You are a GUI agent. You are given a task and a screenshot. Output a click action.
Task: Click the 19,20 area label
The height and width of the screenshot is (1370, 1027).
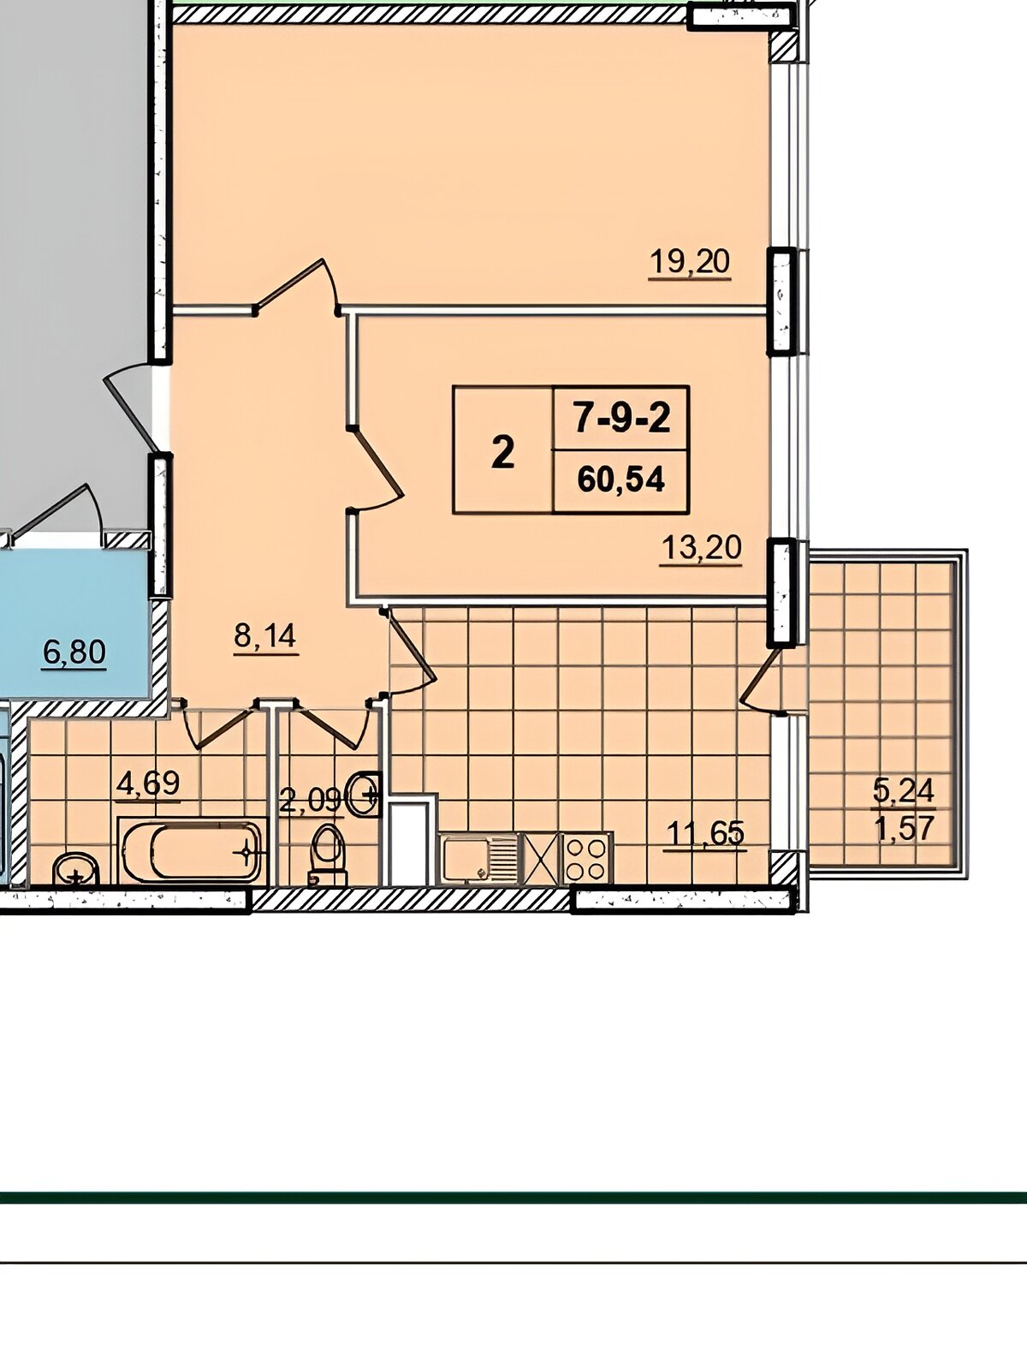(690, 261)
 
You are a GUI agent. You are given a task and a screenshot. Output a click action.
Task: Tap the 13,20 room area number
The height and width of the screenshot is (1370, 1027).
(702, 549)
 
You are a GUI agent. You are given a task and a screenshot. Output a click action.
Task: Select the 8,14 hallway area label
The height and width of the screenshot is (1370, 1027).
(265, 637)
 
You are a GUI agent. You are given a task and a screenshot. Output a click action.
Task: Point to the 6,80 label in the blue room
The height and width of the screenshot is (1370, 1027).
(74, 652)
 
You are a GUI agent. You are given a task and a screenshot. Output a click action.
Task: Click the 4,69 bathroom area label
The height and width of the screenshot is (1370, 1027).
(148, 783)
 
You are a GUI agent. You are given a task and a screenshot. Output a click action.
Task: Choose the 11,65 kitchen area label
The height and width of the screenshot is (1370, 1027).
(705, 832)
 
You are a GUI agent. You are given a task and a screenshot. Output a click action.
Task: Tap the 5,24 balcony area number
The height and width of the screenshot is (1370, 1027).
(904, 791)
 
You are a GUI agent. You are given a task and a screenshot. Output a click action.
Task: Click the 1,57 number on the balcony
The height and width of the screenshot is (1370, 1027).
(904, 828)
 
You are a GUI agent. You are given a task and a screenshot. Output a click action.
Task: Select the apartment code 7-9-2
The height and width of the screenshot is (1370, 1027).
(621, 418)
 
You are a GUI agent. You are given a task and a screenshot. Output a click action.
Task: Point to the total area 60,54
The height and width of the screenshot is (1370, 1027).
(621, 480)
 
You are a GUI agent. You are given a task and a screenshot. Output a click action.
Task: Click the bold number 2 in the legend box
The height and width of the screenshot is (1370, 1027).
(502, 452)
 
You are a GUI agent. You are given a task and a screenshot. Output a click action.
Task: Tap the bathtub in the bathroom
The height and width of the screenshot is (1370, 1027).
(193, 851)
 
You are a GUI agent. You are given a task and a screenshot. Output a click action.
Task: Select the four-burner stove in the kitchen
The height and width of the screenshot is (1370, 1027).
(587, 859)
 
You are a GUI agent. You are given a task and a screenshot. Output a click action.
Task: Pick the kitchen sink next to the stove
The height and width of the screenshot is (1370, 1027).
(478, 859)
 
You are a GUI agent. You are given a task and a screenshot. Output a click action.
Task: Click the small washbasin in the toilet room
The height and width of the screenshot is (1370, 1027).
(365, 794)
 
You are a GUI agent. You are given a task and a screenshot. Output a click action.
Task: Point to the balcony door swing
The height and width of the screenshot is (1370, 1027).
(759, 682)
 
